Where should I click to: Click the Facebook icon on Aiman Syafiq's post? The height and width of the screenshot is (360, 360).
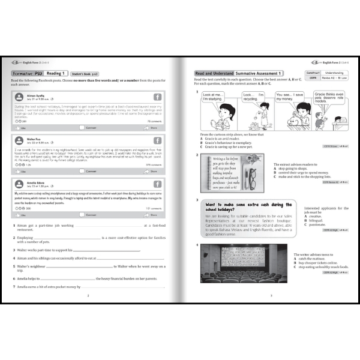click(157, 97)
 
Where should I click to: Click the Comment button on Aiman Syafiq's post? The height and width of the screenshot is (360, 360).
click(91, 128)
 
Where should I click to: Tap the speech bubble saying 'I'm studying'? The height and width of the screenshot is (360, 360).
click(213, 97)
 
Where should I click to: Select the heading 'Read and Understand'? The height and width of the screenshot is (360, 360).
click(211, 73)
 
